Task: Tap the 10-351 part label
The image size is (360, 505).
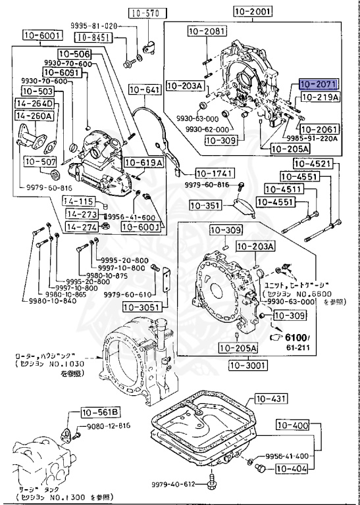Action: pos(205,205)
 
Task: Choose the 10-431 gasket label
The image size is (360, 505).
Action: pos(271,399)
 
